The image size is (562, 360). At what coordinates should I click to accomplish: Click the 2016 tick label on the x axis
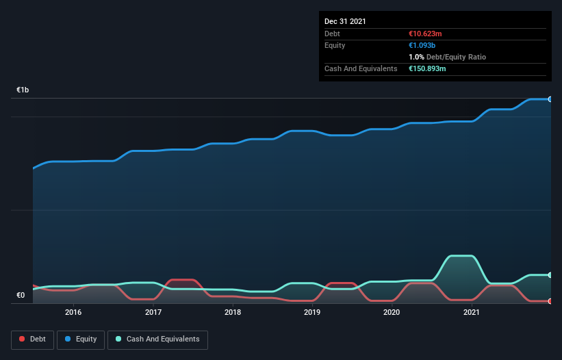tap(73, 312)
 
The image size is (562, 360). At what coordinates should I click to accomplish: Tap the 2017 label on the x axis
tap(153, 312)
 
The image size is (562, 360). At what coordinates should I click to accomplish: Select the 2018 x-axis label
tap(233, 312)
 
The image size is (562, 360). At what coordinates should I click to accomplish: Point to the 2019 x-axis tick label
tap(312, 312)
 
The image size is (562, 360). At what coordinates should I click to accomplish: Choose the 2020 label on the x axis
tap(392, 312)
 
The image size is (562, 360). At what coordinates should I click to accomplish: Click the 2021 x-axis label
tap(471, 312)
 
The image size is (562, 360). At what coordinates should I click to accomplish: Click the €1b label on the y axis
tap(23, 90)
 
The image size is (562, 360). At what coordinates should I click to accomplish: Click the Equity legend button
tap(81, 339)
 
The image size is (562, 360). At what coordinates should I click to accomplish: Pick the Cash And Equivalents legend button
tap(157, 339)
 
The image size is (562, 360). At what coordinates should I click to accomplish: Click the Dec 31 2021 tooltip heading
tap(345, 21)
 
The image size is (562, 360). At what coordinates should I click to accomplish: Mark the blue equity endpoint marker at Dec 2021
tap(550, 99)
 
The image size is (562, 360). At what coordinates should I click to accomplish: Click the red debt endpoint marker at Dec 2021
tap(550, 301)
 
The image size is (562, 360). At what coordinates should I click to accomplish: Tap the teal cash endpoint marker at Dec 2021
tap(550, 275)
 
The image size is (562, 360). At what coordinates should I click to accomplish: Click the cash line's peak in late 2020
tap(461, 256)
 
